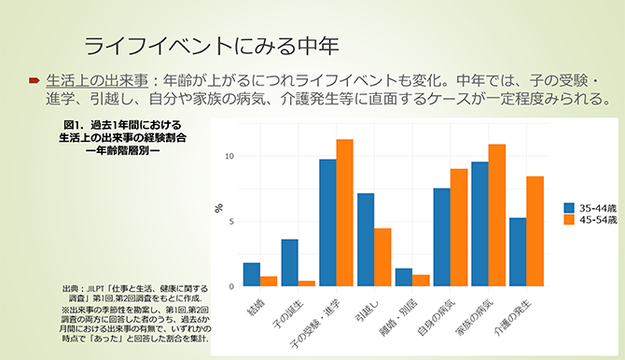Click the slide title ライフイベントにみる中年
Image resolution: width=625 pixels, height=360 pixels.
click(211, 43)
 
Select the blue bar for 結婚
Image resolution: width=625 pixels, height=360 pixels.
click(251, 275)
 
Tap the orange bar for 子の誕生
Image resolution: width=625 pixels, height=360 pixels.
click(307, 283)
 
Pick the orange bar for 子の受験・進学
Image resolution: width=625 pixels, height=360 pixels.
click(345, 213)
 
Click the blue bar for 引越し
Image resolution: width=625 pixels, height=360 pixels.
click(366, 240)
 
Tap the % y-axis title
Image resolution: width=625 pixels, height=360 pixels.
click(219, 207)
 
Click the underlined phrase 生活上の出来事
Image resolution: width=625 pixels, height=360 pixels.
click(89, 80)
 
